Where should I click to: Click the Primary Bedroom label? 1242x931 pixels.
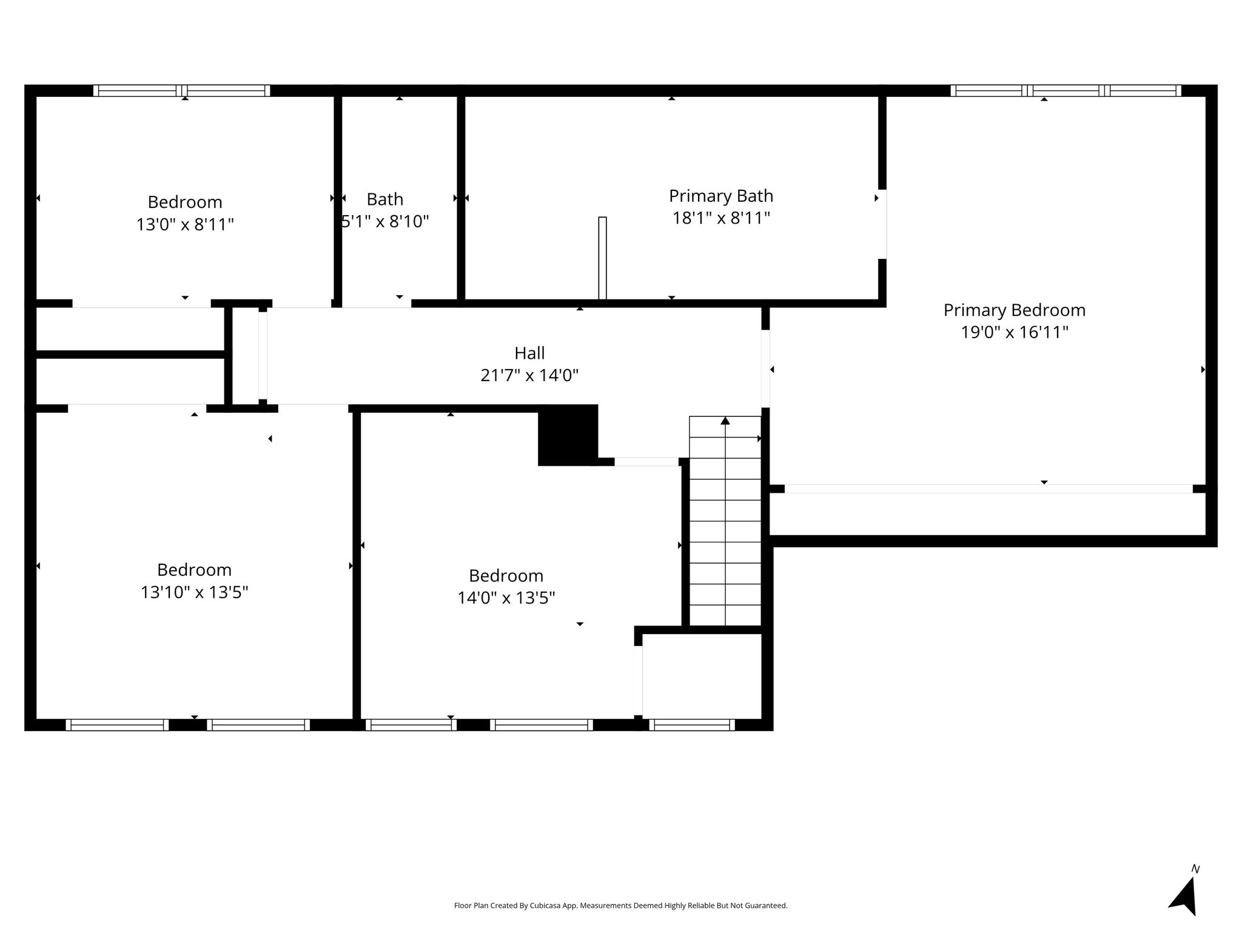1014,310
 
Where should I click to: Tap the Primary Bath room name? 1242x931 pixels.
721,196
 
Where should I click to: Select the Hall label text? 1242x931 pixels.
529,353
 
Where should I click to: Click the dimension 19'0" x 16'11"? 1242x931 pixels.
1014,332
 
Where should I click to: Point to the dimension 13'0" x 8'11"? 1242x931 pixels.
185,225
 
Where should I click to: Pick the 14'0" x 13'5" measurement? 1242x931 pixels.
506,598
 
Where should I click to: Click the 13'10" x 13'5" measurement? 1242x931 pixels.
194,592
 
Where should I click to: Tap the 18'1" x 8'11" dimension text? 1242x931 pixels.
721,218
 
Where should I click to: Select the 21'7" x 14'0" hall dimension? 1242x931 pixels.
529,376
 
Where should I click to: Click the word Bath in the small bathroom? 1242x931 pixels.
385,199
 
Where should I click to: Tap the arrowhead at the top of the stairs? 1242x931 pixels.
725,421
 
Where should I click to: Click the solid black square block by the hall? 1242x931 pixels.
568,435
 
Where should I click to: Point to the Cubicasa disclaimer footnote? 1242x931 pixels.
620,906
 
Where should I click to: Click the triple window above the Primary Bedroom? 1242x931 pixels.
1066,91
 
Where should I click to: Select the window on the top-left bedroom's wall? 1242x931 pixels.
182,91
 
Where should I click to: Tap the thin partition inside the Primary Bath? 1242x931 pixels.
602,258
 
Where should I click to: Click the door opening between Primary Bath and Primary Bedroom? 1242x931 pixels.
882,224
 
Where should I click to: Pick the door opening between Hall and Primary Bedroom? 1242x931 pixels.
765,369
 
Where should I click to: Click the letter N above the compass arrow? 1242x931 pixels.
1195,869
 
